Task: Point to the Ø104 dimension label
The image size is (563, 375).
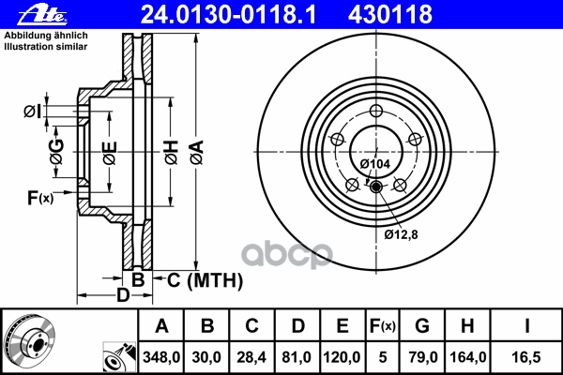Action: (x=375, y=164)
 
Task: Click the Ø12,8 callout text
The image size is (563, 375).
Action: (x=401, y=233)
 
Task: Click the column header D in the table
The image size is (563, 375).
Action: (x=297, y=326)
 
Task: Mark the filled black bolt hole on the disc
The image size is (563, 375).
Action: (x=377, y=187)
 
